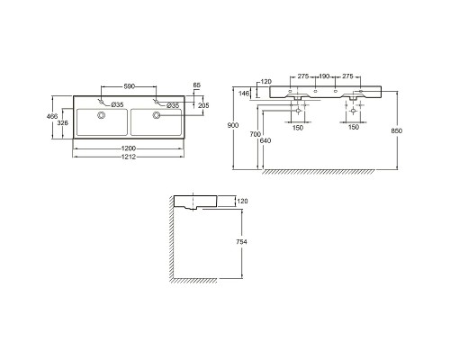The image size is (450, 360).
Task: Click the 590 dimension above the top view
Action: point(130,86)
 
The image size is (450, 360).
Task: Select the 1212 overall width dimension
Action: point(129,157)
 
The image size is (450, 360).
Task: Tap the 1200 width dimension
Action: point(129,148)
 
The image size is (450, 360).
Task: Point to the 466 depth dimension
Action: point(52,116)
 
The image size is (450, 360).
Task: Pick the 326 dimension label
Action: point(63,123)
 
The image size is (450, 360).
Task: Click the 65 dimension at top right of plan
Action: point(197,85)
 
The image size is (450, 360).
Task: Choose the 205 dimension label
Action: point(203,105)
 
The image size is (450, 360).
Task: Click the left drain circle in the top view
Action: point(102,115)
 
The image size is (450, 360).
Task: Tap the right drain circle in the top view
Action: point(157,115)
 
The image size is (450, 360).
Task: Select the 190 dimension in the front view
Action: point(324,76)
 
